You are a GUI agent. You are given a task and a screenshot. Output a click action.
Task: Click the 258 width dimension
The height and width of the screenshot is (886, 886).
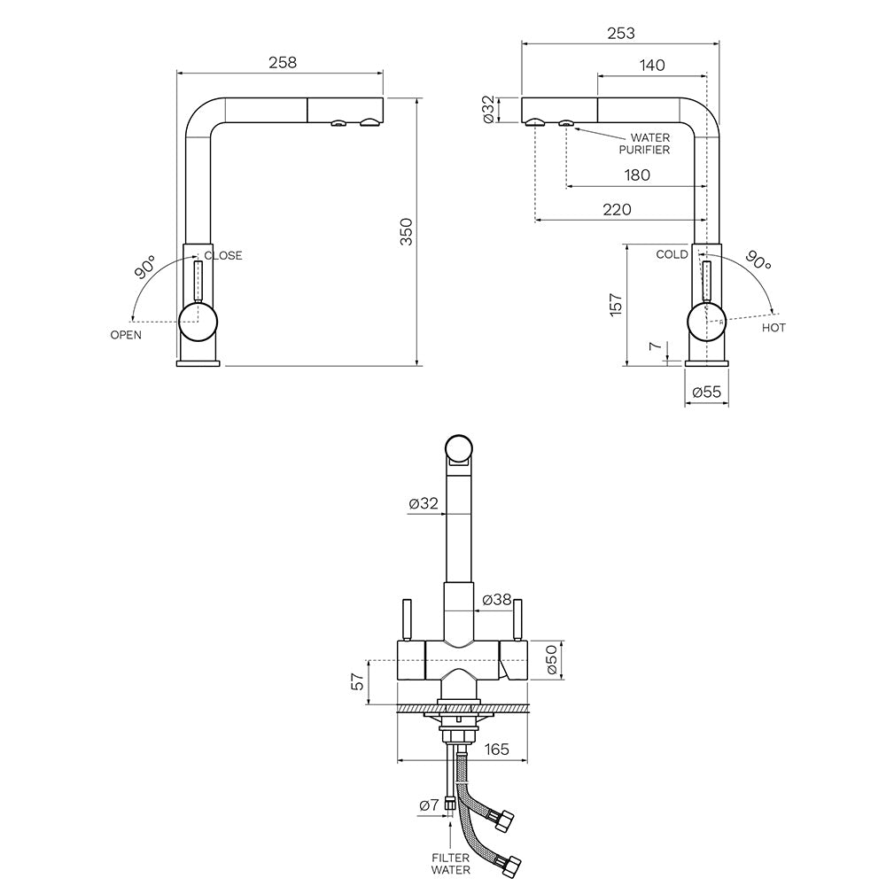pos(281,63)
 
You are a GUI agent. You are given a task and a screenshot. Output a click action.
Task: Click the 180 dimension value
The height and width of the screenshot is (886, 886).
pos(636,175)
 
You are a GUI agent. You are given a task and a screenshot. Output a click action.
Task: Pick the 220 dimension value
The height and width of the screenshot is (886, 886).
pos(617,210)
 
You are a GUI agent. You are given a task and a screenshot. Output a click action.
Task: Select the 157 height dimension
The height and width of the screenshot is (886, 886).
pos(617,304)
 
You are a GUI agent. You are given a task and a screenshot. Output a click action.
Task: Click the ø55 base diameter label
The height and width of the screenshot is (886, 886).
pos(705,391)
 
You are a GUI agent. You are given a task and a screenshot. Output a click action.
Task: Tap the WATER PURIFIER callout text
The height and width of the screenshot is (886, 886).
pos(649,144)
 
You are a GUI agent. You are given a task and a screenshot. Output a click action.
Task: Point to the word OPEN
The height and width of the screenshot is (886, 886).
pos(126,335)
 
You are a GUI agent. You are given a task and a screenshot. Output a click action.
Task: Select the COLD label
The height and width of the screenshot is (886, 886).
pos(672,254)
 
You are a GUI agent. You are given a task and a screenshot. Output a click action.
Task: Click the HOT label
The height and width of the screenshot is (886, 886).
pos(773,328)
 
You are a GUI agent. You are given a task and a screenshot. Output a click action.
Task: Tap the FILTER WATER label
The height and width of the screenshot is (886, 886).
pos(450,864)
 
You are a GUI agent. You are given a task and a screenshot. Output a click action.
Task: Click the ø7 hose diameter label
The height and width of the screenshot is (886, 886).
pos(429,804)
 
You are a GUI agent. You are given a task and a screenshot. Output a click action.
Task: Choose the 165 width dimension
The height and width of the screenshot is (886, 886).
pos(497,750)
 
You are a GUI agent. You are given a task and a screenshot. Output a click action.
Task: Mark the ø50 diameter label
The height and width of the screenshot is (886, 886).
pos(551,660)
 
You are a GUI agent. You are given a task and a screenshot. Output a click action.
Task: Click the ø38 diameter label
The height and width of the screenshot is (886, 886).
pos(498,600)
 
